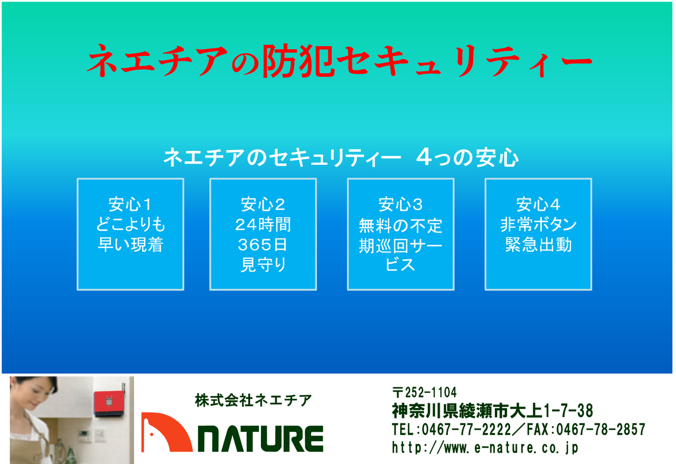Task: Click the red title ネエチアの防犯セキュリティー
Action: click(x=340, y=61)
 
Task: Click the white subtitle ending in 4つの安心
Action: click(x=341, y=157)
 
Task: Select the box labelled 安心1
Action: click(x=130, y=234)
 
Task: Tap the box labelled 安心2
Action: click(x=263, y=234)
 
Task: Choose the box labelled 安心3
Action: click(x=401, y=234)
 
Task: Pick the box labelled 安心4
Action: click(x=538, y=234)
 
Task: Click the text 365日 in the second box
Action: click(x=262, y=245)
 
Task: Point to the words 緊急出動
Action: click(x=539, y=245)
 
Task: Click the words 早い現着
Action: click(x=130, y=245)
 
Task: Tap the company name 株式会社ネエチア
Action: click(x=253, y=400)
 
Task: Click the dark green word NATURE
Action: click(x=260, y=439)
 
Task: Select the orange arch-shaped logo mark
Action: click(x=166, y=432)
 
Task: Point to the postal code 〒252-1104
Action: click(x=424, y=393)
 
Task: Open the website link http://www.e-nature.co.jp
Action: click(x=485, y=448)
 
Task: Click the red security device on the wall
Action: click(x=109, y=403)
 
